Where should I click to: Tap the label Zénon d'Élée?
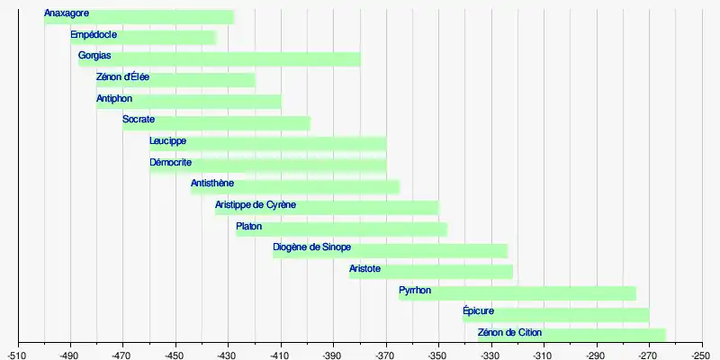click(x=122, y=77)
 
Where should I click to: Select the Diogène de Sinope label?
click(x=311, y=247)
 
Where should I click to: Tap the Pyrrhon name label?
click(x=415, y=290)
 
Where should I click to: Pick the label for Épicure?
click(x=478, y=311)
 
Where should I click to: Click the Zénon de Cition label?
click(x=509, y=333)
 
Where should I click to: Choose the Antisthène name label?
click(x=212, y=184)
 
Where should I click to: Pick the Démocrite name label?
click(x=170, y=162)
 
